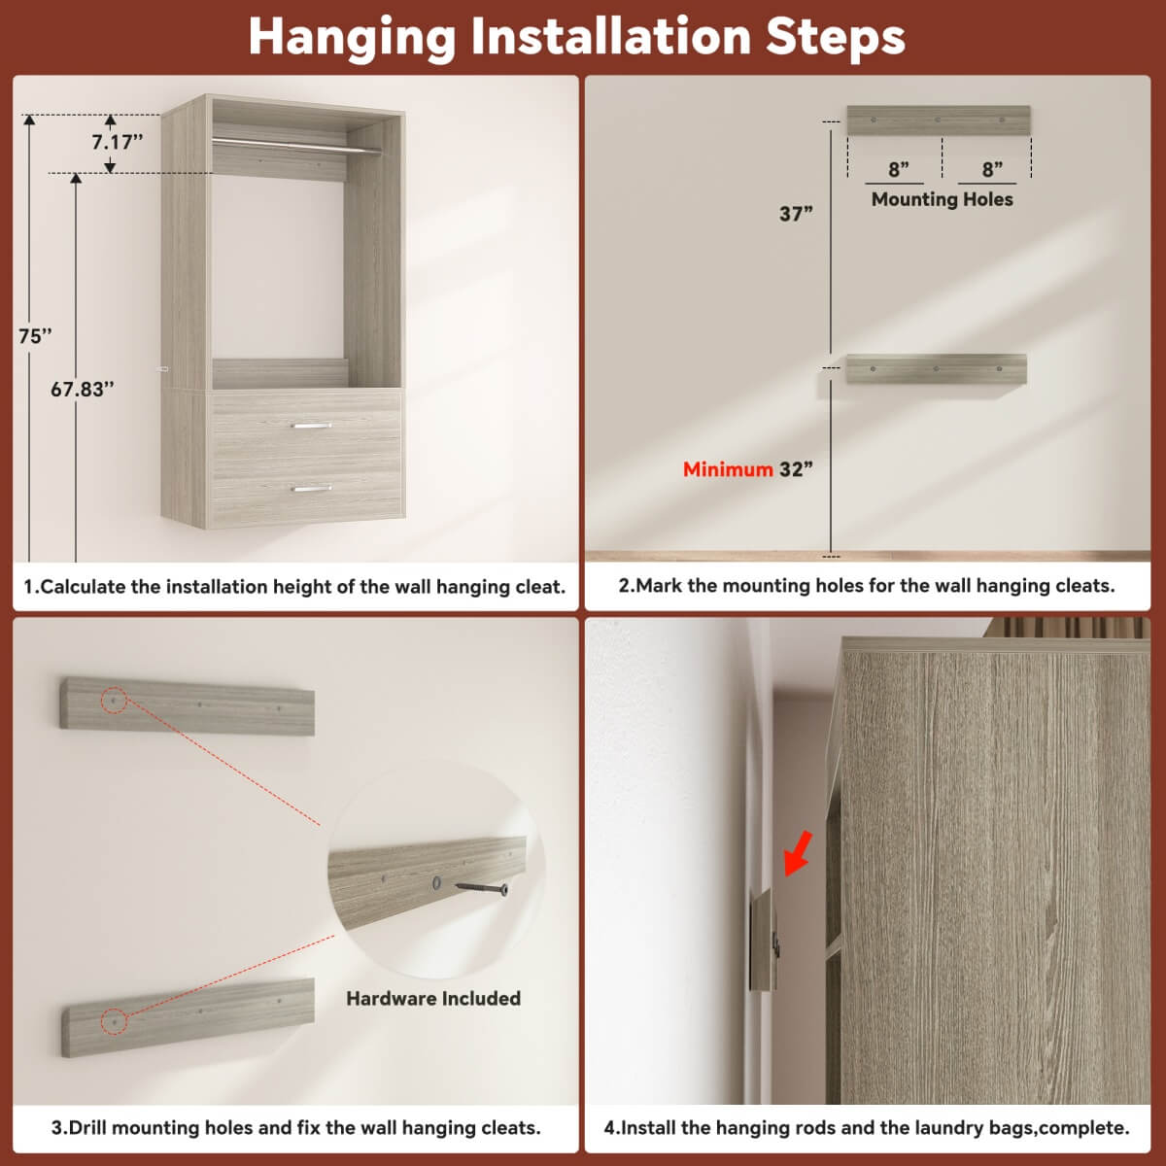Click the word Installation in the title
click(x=612, y=37)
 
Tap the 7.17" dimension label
click(x=117, y=142)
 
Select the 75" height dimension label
click(x=35, y=336)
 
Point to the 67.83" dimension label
click(x=83, y=390)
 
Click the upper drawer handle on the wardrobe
click(x=312, y=426)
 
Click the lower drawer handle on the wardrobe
click(x=312, y=489)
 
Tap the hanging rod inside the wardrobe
click(x=296, y=147)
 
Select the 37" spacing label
click(x=796, y=214)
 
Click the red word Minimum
click(x=727, y=469)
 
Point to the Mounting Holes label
click(x=942, y=199)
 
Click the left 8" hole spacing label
click(x=898, y=170)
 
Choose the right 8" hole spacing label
click(x=991, y=170)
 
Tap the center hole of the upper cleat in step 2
click(x=938, y=120)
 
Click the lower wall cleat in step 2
click(x=936, y=369)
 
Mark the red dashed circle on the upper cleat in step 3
click(x=114, y=700)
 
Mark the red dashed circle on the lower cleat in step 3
click(x=114, y=1021)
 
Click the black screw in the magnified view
click(x=483, y=887)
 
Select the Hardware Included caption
click(x=433, y=999)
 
